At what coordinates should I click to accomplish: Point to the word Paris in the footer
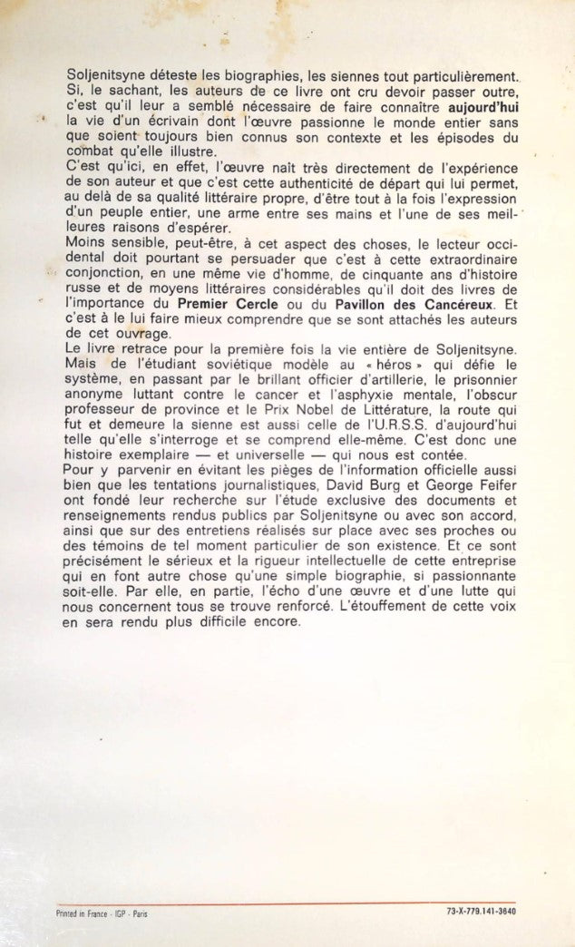point(141,913)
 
